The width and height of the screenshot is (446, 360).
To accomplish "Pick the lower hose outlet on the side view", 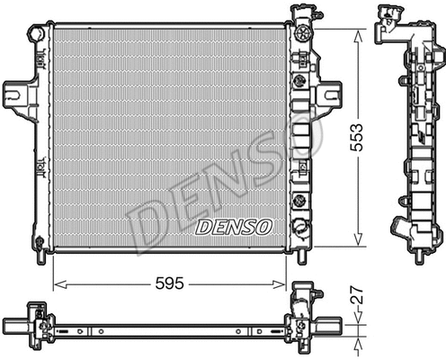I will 397,224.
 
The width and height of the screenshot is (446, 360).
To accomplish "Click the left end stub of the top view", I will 11,322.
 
